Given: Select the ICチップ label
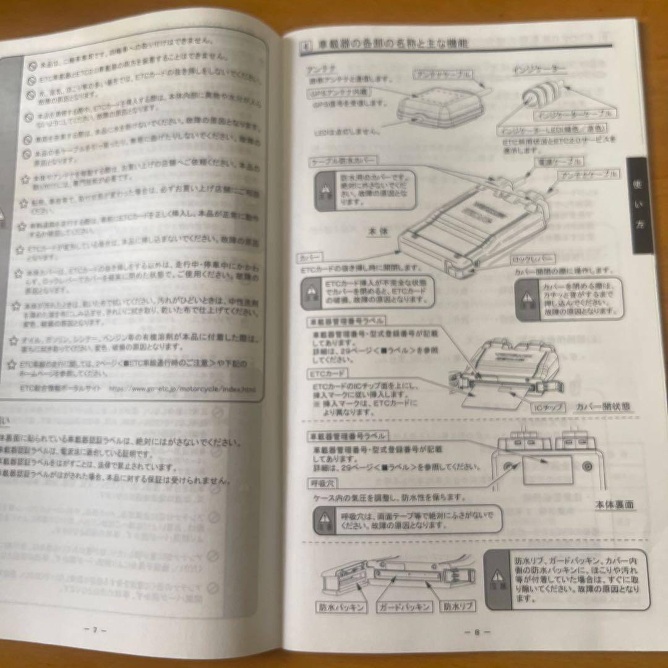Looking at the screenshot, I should click(548, 408).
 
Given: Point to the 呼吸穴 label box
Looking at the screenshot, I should click(322, 482).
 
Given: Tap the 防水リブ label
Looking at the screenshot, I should click(458, 607).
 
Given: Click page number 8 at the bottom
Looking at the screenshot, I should click(477, 632).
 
